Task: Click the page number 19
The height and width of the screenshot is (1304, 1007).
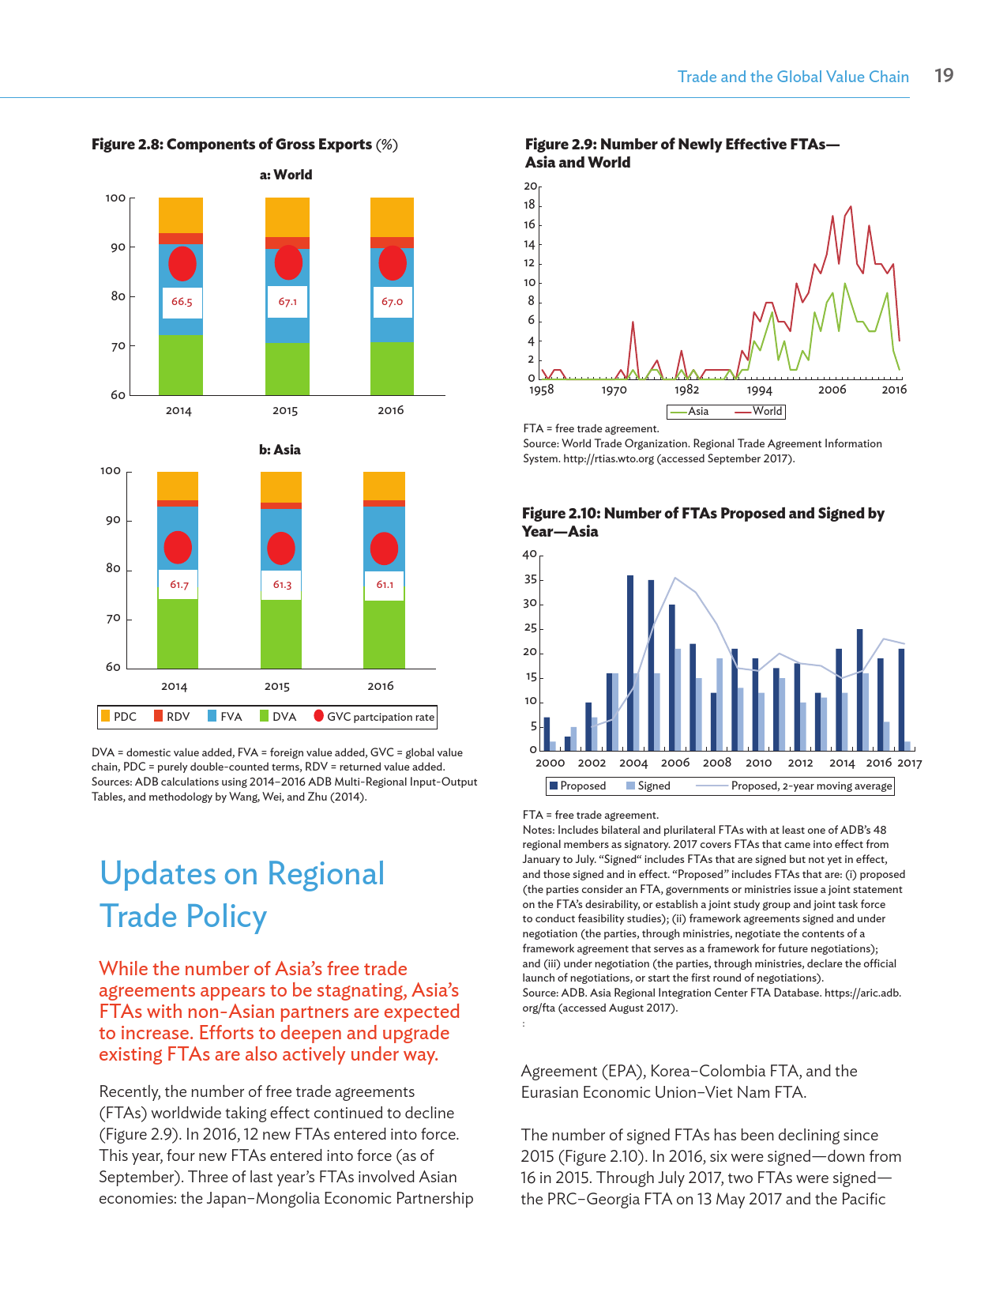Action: [944, 76]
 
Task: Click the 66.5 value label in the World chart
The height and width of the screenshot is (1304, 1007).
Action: [182, 302]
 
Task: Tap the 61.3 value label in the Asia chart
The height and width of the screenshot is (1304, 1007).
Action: [282, 585]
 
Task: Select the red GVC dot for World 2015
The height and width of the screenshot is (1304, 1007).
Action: [288, 262]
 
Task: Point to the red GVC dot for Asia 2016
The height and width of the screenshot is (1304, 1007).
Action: [384, 548]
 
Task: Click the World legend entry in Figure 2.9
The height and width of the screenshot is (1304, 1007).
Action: [759, 411]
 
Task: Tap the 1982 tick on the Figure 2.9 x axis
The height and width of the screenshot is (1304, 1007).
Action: [686, 390]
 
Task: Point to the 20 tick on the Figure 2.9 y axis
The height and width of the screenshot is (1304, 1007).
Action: [530, 187]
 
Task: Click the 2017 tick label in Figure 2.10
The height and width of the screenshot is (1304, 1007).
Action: [909, 763]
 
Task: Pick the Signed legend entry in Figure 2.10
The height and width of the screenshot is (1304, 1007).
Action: [648, 786]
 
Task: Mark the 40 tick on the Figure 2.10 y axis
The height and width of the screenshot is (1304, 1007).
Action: [529, 555]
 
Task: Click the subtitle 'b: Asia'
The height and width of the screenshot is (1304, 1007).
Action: [280, 450]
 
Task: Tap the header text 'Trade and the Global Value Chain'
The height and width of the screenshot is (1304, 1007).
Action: [793, 77]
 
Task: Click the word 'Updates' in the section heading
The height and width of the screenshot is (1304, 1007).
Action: [156, 874]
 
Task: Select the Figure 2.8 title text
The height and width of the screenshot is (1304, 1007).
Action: [244, 145]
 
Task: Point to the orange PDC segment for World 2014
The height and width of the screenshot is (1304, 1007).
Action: [181, 215]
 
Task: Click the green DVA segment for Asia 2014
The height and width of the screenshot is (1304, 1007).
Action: [178, 634]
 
